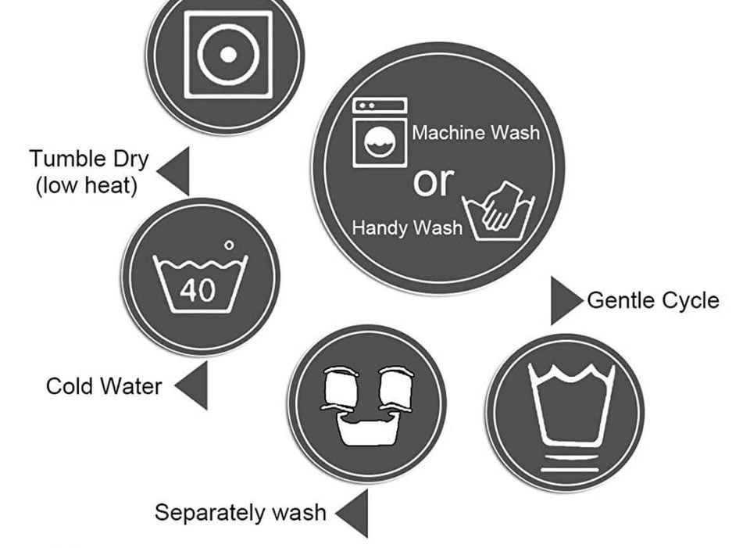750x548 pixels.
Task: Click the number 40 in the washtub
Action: coord(198,289)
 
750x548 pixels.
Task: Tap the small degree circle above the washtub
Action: coord(229,245)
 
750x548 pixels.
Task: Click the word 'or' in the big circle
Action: coord(434,181)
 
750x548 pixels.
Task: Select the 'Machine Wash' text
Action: coord(476,133)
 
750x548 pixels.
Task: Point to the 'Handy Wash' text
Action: coord(408,227)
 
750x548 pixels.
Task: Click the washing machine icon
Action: coord(380,133)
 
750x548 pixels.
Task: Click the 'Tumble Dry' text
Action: coord(89,159)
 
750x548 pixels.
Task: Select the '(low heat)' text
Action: coord(87,184)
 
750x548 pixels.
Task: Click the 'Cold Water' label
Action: coord(104,386)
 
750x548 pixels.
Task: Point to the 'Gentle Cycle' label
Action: coord(653,300)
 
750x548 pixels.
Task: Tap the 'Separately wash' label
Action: coord(241,513)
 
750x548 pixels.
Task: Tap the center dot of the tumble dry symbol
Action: coord(228,55)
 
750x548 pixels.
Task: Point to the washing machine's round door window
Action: coord(380,142)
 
